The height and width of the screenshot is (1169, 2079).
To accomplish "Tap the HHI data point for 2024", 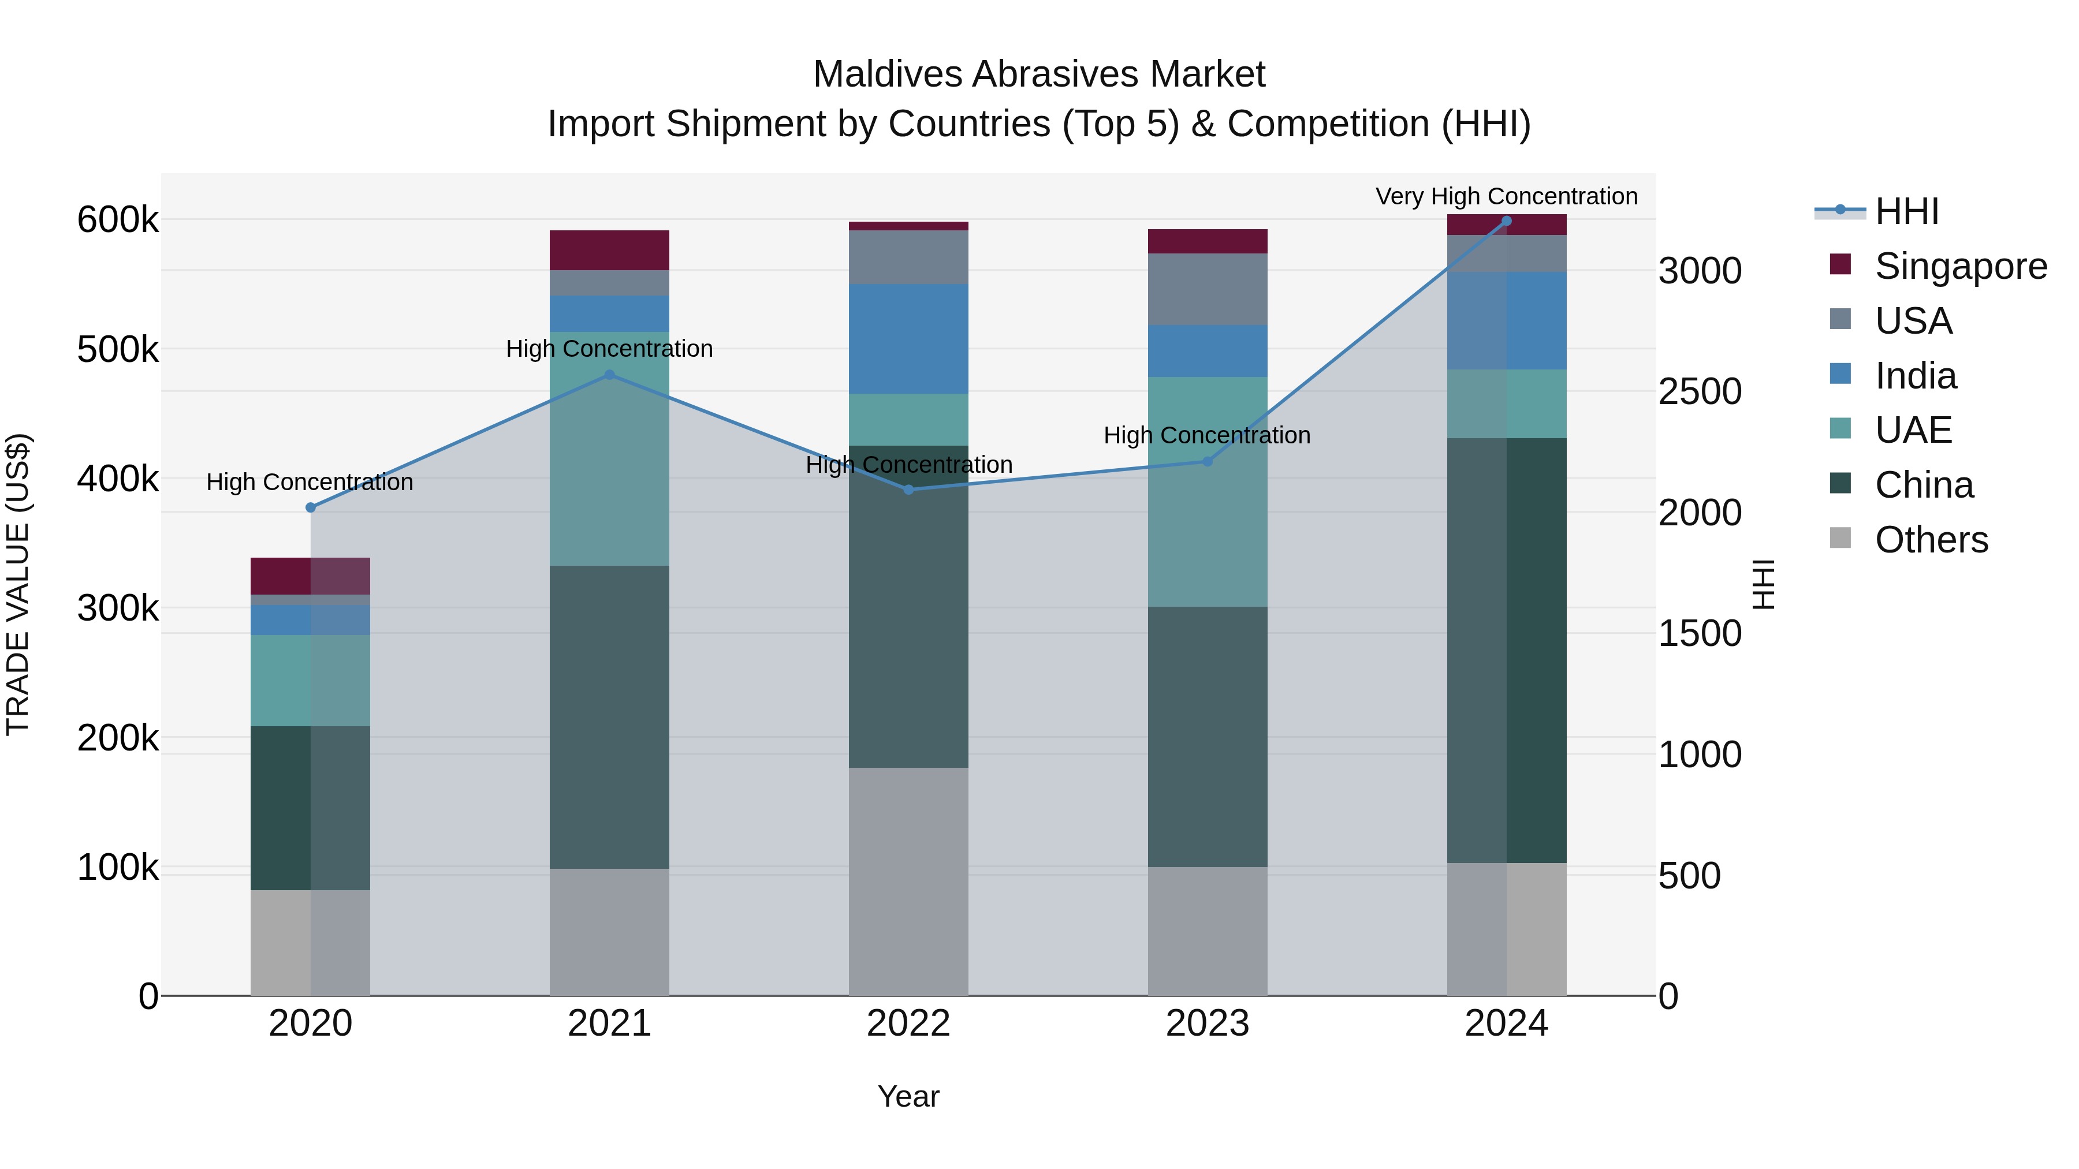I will click(1506, 221).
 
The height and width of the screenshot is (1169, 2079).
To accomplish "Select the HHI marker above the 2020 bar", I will click(311, 507).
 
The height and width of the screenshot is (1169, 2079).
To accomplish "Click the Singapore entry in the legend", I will click(1961, 266).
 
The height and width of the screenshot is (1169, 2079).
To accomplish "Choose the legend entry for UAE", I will click(1913, 430).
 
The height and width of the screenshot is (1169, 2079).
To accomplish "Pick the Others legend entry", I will click(1931, 540).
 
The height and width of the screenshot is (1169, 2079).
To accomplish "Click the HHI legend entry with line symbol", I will click(1906, 211).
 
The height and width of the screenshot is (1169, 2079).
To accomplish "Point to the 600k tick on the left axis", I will click(118, 219).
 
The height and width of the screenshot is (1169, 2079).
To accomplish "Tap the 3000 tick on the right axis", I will click(1700, 271).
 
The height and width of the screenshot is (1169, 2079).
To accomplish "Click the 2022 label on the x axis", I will click(908, 1024).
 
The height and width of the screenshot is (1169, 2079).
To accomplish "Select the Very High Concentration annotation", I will click(1506, 196).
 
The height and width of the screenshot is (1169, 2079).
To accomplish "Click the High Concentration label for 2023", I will click(1206, 436).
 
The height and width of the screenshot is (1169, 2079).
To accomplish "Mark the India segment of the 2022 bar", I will click(908, 339).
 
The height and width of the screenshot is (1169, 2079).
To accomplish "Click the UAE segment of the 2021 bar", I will click(609, 449).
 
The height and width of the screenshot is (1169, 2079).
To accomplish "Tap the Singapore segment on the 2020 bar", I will click(311, 576).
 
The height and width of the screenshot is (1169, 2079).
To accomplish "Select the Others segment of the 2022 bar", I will click(908, 881).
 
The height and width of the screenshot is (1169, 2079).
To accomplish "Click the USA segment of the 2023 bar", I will click(1206, 290).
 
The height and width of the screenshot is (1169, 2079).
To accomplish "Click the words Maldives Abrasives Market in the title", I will click(1039, 74).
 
